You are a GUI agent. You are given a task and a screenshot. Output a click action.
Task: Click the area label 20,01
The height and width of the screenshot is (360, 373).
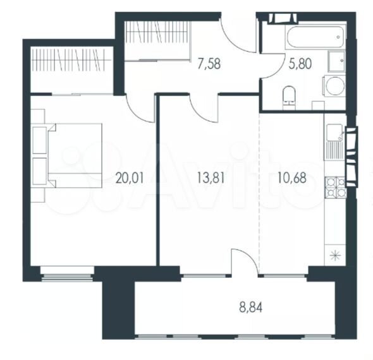130,179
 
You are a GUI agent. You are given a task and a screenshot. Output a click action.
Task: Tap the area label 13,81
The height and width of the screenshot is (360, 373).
211,178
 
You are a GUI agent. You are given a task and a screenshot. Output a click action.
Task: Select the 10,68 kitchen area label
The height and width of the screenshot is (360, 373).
292,178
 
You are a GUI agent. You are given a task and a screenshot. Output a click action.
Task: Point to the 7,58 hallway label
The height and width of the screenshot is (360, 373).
209,64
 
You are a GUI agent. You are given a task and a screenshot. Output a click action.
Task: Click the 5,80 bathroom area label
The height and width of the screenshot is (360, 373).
300,64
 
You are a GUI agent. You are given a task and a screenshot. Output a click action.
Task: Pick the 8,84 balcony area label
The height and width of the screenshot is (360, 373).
251,308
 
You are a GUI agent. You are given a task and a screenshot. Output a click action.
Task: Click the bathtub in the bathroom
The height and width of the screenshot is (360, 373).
315,37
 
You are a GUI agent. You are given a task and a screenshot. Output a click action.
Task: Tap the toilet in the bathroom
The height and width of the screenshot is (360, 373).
289,98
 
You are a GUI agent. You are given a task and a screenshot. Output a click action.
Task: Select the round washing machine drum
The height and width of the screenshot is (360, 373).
335,86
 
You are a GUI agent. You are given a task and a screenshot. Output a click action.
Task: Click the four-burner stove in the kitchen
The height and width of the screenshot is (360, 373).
335,188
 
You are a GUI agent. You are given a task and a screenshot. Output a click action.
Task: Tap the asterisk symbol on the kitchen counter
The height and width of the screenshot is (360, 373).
336,256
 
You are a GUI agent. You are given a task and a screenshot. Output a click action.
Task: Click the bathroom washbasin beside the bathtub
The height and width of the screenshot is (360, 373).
336,61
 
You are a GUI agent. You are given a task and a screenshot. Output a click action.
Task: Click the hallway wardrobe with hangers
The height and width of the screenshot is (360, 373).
157,41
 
